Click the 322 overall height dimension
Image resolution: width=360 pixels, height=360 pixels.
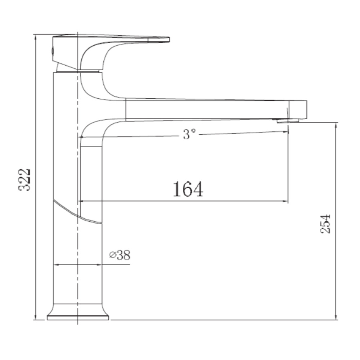(x=24, y=180)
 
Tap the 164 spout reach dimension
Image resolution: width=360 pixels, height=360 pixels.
(x=188, y=189)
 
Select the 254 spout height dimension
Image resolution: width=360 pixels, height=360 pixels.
(x=325, y=224)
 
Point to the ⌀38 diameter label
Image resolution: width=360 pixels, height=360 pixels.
(x=120, y=255)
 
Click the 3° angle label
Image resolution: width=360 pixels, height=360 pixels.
(x=189, y=134)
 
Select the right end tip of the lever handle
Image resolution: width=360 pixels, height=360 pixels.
(x=170, y=40)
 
